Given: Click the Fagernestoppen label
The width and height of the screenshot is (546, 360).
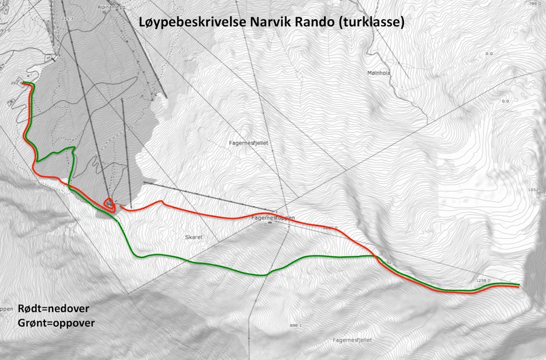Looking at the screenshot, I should (x=272, y=217).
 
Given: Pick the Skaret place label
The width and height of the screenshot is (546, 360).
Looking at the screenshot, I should (x=194, y=237).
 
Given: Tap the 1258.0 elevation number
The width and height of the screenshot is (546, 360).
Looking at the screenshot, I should (x=484, y=280).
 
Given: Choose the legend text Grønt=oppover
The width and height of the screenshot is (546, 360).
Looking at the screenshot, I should (x=56, y=322).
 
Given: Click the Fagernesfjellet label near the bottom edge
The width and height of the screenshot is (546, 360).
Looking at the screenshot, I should (x=352, y=340).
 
